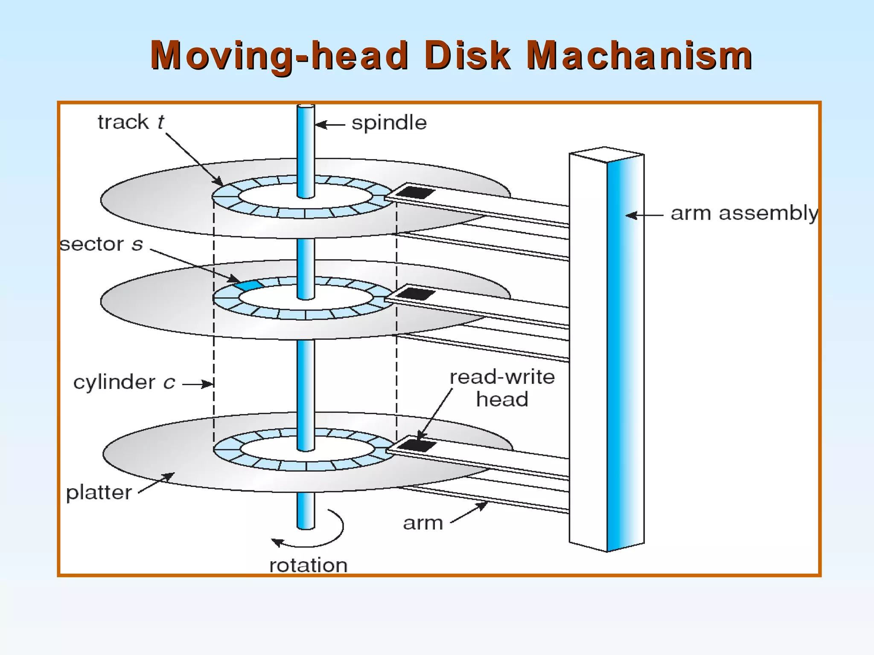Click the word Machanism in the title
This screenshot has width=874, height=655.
[639, 55]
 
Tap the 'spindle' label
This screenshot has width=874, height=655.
[389, 123]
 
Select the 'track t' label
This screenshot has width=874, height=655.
[131, 122]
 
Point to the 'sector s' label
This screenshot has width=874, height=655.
[101, 244]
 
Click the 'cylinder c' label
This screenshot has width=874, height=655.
[124, 382]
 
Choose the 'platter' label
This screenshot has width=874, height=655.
[99, 493]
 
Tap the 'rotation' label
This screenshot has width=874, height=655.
[308, 565]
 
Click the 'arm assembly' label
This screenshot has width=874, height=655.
[744, 213]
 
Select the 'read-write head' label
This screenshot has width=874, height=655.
[502, 388]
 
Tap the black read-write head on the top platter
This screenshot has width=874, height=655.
[414, 192]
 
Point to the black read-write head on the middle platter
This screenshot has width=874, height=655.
[415, 294]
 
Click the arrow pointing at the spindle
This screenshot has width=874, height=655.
[329, 125]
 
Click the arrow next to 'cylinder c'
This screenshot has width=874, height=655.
[198, 384]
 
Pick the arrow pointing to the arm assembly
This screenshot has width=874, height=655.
[644, 215]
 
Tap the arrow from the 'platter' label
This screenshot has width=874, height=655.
[157, 483]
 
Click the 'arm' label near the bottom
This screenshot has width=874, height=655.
[423, 523]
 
